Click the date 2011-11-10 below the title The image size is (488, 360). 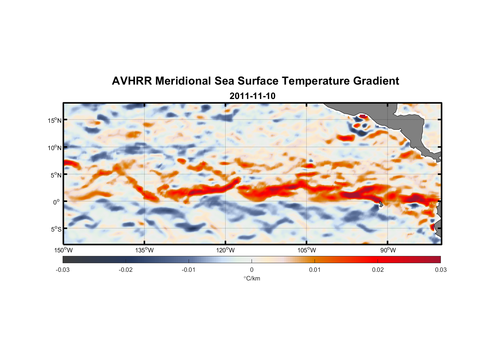(x=252, y=96)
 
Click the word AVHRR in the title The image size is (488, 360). (x=132, y=81)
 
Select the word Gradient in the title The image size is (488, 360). (x=376, y=81)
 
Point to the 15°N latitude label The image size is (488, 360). (x=55, y=120)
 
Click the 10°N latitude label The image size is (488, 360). (x=55, y=148)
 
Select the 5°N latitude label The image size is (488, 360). (x=56, y=175)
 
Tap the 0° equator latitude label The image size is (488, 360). (x=57, y=202)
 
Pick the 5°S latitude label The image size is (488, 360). (x=56, y=229)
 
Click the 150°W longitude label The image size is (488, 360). (x=64, y=250)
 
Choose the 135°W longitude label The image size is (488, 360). (x=145, y=250)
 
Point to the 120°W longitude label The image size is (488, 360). (x=226, y=250)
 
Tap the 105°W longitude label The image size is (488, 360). (x=307, y=250)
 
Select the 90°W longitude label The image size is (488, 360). (x=388, y=250)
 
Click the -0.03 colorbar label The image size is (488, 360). (x=63, y=270)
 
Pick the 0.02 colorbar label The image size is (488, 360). (x=378, y=270)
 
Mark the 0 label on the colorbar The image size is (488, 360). (x=252, y=270)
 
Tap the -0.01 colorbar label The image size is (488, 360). (x=189, y=270)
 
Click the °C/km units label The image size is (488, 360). (x=252, y=278)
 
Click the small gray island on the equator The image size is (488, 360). (x=381, y=204)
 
